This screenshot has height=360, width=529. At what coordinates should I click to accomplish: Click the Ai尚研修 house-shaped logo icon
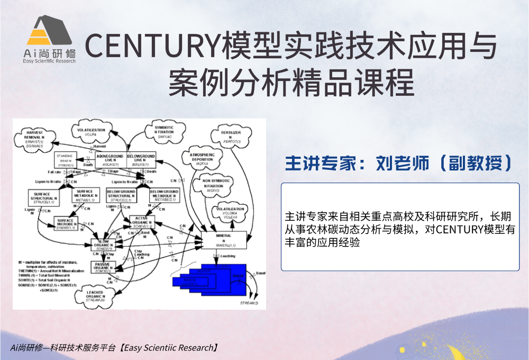[x=50, y=33]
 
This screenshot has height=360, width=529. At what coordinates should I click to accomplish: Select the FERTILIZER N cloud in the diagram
[x=232, y=137]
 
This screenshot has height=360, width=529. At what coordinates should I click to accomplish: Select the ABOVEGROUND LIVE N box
[x=110, y=160]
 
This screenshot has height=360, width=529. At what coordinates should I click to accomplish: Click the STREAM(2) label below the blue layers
[x=249, y=303]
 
